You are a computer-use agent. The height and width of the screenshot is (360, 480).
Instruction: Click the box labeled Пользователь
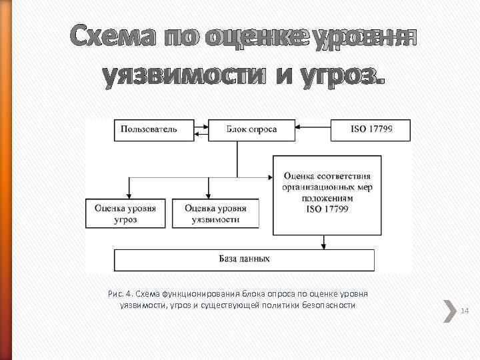(149, 129)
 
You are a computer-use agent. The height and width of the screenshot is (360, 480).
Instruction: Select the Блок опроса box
(252, 129)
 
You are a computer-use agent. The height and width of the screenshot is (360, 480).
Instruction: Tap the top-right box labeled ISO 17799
(371, 129)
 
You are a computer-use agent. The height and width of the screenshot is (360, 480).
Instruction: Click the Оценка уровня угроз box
(125, 213)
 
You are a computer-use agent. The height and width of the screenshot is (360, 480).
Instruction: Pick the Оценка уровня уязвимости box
(215, 213)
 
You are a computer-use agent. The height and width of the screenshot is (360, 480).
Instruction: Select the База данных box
(244, 259)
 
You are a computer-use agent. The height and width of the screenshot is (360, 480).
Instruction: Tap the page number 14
(465, 311)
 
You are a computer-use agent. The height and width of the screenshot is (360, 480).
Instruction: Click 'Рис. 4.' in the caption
(121, 293)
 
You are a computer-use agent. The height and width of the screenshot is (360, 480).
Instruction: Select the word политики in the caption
(283, 305)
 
